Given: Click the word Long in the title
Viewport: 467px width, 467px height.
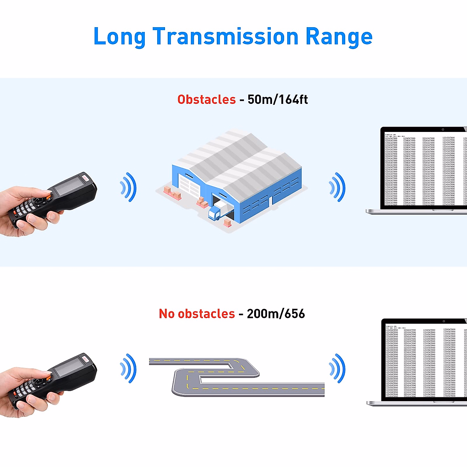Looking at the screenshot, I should click(x=119, y=37).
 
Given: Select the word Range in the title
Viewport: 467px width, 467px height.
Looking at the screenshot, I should click(x=339, y=37).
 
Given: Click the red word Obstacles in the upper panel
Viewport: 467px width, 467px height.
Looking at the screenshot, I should click(x=206, y=100).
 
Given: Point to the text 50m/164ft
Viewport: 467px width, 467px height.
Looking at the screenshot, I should click(x=277, y=100).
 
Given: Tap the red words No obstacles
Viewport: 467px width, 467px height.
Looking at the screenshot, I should click(x=197, y=314).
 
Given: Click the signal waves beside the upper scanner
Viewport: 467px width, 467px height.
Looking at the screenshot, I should click(x=128, y=187).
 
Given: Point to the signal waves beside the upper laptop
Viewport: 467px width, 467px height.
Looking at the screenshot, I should click(x=337, y=187).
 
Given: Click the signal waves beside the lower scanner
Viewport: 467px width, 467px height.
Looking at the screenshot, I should click(x=128, y=368).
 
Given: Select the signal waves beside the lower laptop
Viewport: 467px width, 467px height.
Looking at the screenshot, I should click(x=337, y=368).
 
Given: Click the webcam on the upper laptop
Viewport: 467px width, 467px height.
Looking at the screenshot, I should click(x=443, y=130).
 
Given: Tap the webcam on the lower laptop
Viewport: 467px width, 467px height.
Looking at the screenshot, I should click(x=444, y=321).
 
